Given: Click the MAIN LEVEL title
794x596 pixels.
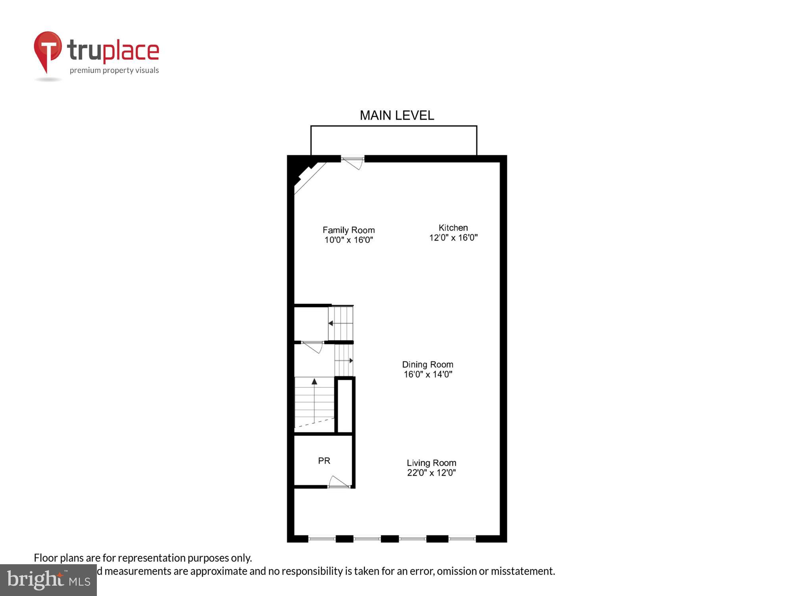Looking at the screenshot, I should (x=397, y=116).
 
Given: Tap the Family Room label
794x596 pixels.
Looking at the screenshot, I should (x=349, y=230).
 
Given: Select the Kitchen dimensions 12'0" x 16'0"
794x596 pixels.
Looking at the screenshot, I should (x=453, y=238).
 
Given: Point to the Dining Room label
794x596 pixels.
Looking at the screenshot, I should (x=428, y=364).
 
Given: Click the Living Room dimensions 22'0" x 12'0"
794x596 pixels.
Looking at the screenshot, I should (x=431, y=473).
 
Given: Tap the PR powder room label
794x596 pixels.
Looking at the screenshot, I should (x=324, y=461).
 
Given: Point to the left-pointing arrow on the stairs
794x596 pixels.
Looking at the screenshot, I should (x=331, y=323).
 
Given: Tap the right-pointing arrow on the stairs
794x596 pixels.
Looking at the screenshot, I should (x=351, y=361).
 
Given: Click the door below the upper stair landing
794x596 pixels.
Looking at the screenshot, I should (x=313, y=346).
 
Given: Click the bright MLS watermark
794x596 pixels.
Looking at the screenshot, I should (x=48, y=580).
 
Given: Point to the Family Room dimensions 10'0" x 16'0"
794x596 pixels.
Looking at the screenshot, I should (x=349, y=240).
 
